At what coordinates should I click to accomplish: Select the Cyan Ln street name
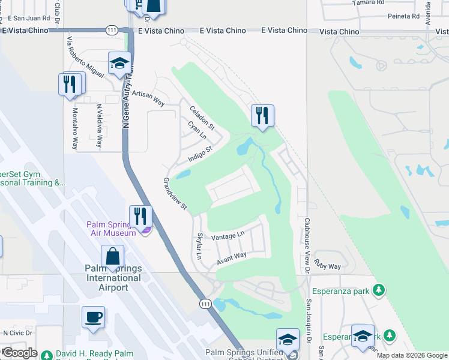[197, 131]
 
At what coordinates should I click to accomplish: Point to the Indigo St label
[200, 154]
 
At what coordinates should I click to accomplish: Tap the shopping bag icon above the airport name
[112, 257]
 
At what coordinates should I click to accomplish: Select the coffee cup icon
[94, 317]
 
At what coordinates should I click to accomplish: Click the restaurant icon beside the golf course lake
[262, 116]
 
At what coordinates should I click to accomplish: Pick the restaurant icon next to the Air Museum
[140, 217]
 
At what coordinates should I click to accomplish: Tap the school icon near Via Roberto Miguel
[119, 63]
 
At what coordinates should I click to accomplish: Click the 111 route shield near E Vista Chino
[111, 29]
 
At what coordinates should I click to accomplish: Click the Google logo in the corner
[19, 353]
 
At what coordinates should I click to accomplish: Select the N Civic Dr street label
[17, 332]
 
